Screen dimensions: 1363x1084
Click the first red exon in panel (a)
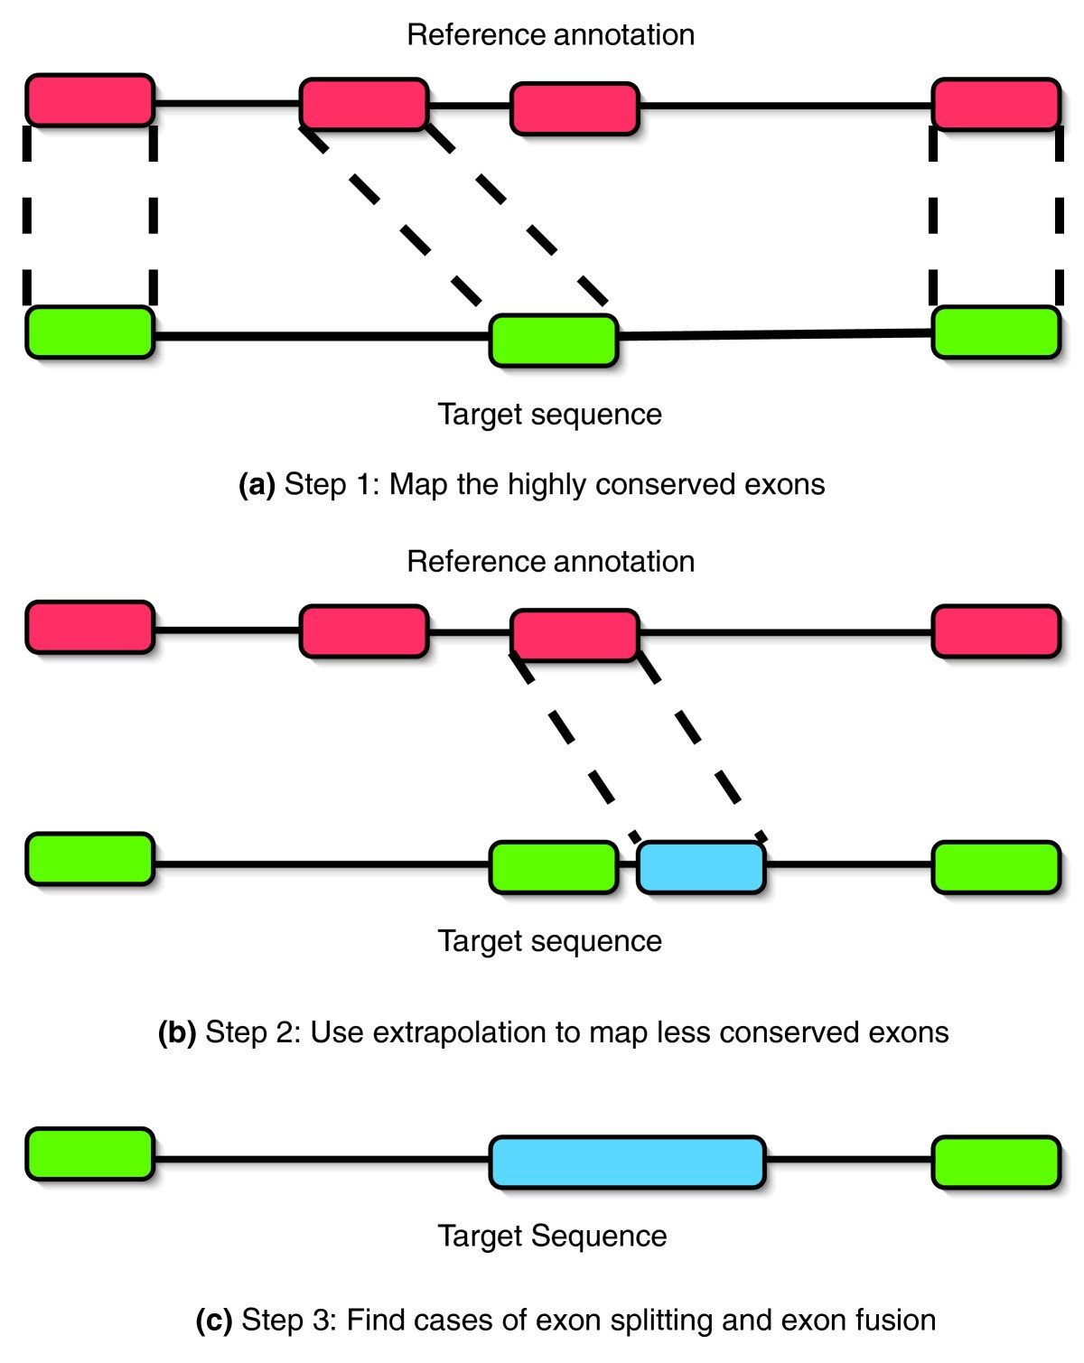pos(89,100)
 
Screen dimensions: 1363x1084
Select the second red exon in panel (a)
pos(363,104)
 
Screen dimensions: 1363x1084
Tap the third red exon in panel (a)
pos(575,108)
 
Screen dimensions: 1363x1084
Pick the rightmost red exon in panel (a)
pos(995,104)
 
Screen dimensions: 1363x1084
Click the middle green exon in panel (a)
pos(554,341)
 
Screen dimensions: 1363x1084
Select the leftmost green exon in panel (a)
pos(89,332)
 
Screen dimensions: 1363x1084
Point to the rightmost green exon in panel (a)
pos(995,332)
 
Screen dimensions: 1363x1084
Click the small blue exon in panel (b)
pos(701,867)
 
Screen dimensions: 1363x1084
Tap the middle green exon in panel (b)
pos(554,867)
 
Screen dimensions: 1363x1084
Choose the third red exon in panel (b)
pos(575,635)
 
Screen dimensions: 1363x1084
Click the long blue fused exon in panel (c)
pos(627,1162)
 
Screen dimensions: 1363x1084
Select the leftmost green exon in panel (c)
pos(89,1153)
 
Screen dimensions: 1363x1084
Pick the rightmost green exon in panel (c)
pos(995,1162)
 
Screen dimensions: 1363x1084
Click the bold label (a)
pos(257,485)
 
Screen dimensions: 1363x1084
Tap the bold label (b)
pos(177,1032)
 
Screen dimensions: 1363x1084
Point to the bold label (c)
pos(214,1321)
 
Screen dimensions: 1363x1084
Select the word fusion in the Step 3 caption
pos(895,1321)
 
